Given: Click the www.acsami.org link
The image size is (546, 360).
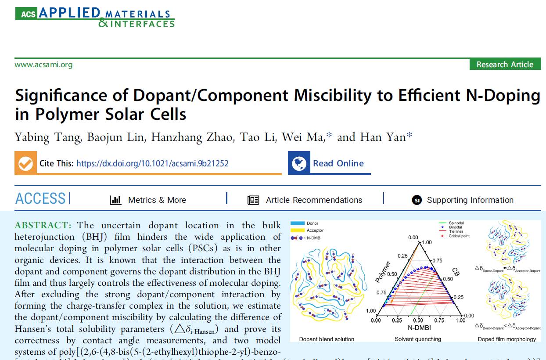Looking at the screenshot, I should click(43, 65).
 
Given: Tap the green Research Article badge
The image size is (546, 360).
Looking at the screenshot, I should click(505, 65).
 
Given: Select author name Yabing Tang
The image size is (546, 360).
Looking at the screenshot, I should click(47, 137).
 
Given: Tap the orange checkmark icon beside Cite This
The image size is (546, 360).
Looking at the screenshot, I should click(25, 163).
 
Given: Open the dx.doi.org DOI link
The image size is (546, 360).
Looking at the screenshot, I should click(152, 163).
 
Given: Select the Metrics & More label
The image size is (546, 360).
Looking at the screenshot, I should click(157, 200).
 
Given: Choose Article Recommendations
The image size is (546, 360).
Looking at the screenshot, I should click(314, 200).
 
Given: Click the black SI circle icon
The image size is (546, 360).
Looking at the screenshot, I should click(417, 200).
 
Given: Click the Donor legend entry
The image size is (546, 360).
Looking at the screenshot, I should click(313, 223).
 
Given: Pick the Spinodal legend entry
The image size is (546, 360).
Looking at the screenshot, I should click(456, 223).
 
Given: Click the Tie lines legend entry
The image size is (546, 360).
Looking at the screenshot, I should click(456, 232).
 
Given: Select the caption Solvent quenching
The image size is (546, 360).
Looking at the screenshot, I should click(417, 339).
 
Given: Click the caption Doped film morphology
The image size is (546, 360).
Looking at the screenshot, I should click(507, 339).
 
